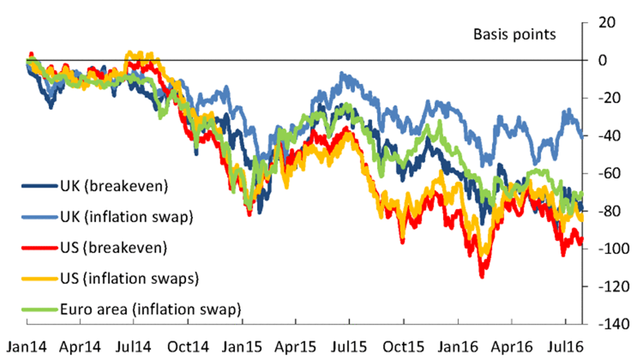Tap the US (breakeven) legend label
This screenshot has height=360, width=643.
(111, 247)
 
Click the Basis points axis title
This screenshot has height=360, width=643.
(514, 34)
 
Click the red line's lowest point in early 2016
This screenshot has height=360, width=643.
(482, 276)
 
